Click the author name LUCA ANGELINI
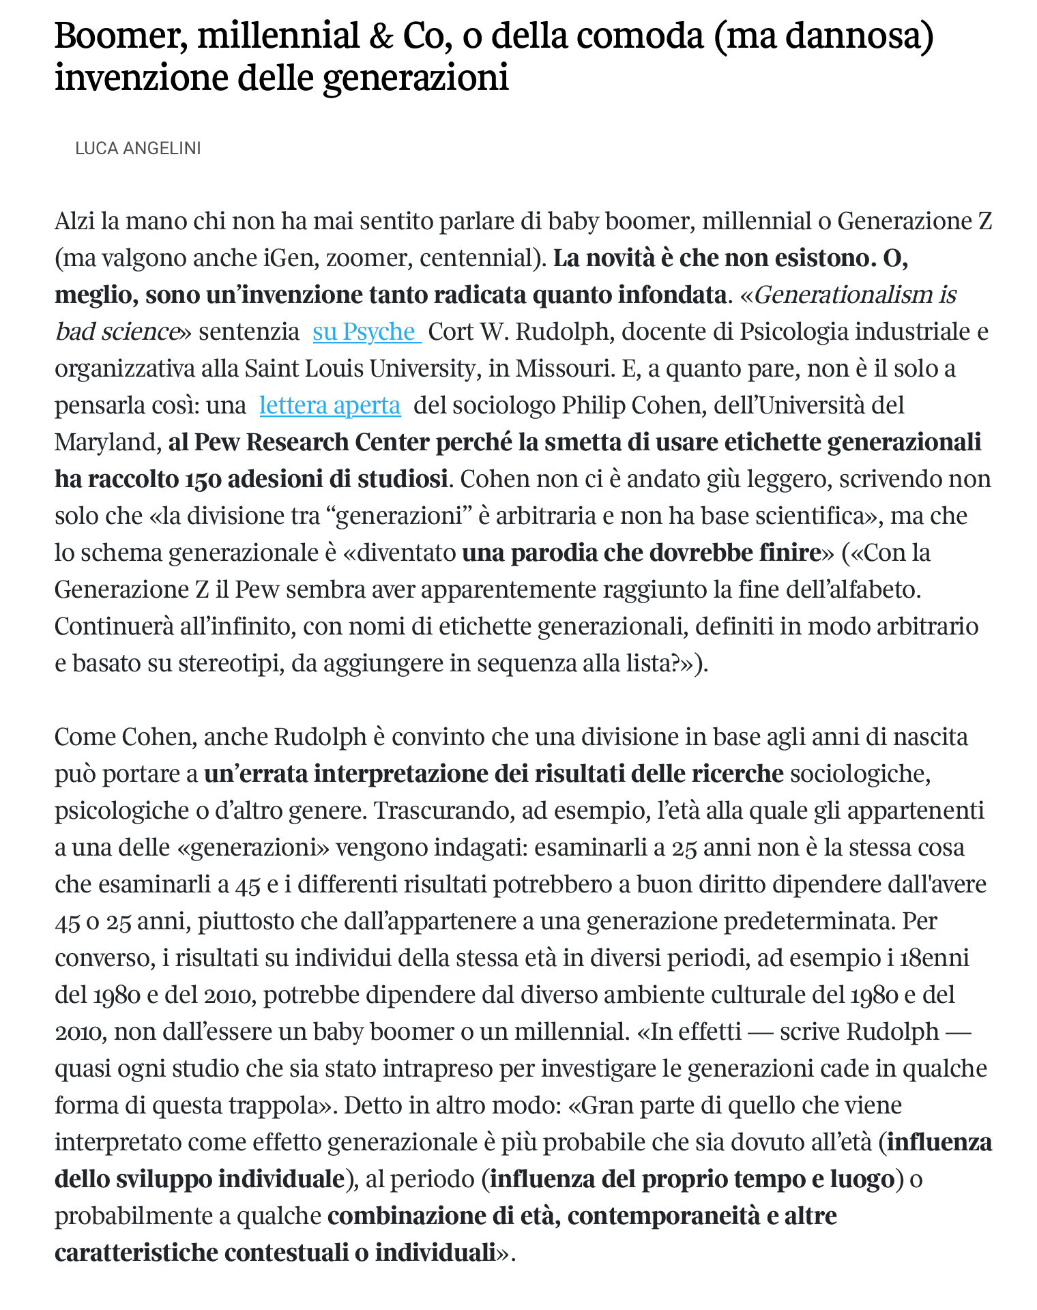click(138, 148)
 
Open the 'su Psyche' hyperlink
click(366, 332)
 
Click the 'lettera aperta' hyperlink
click(330, 405)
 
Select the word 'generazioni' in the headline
click(415, 77)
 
